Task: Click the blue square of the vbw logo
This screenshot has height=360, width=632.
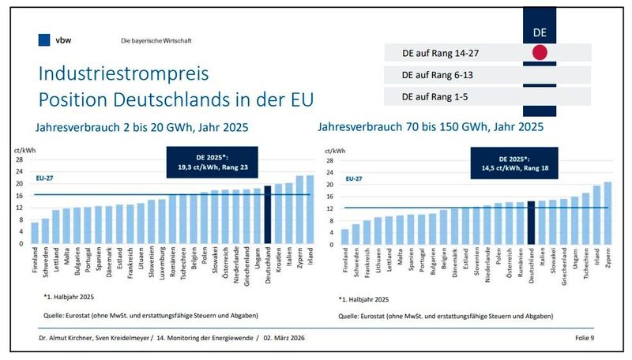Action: [x=43, y=39]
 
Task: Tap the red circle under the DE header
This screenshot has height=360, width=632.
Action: [x=540, y=54]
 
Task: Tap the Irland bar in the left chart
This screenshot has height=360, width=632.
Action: [x=310, y=209]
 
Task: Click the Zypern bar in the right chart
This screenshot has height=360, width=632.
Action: [x=607, y=212]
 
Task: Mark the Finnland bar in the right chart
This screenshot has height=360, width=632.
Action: [x=345, y=236]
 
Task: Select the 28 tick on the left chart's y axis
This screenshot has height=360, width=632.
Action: [x=21, y=158]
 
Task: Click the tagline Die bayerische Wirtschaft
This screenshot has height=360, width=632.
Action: [x=156, y=40]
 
